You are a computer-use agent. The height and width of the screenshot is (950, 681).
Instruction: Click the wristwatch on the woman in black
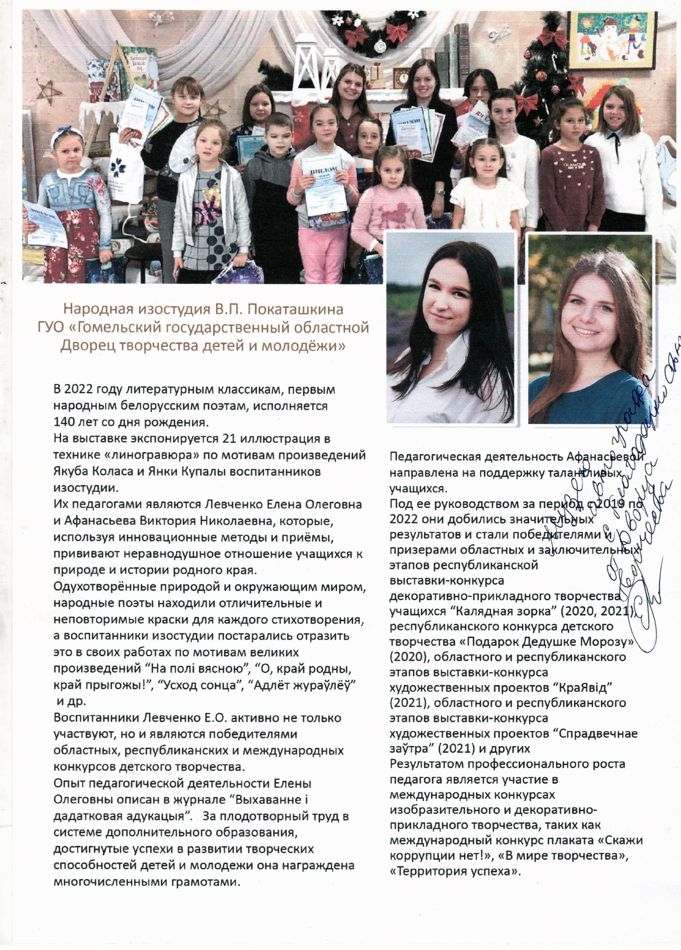pyautogui.click(x=440, y=192)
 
